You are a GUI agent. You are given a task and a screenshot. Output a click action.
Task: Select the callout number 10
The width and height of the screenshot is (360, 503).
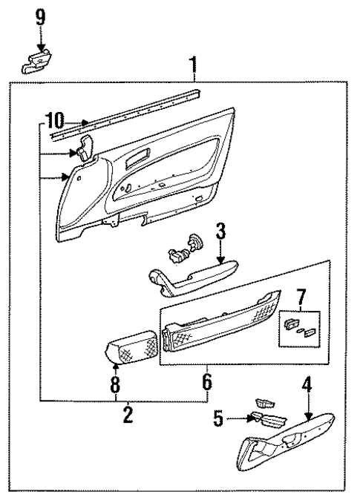55,119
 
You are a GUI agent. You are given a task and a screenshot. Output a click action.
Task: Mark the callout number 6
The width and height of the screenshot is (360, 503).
207,382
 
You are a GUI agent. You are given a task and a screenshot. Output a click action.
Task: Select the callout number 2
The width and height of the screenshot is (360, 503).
128,415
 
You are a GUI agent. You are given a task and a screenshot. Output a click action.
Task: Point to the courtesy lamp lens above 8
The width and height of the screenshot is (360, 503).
132,347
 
